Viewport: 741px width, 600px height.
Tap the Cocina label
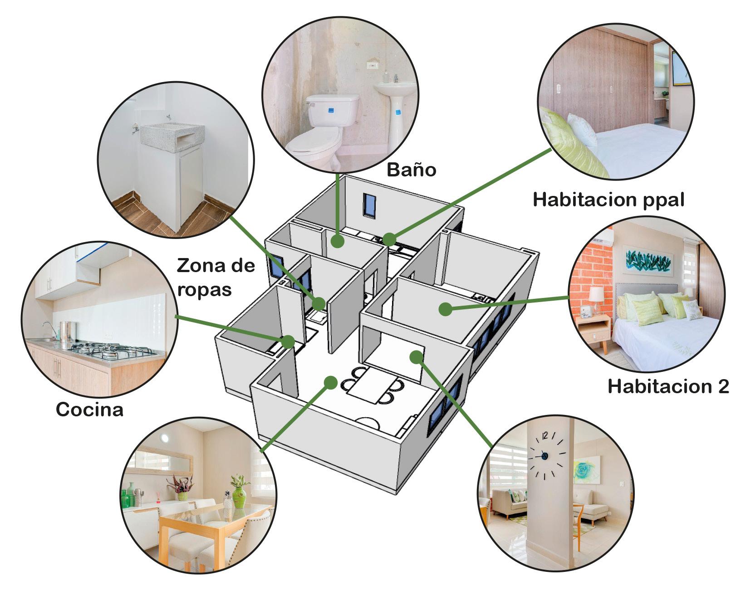(x=89, y=410)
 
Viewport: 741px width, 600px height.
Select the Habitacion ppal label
(x=608, y=200)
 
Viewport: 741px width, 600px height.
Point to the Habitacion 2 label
(x=668, y=386)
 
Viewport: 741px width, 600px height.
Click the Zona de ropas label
(x=216, y=277)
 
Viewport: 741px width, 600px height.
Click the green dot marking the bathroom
(x=337, y=241)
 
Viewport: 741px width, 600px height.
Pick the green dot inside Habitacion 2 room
(x=445, y=309)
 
